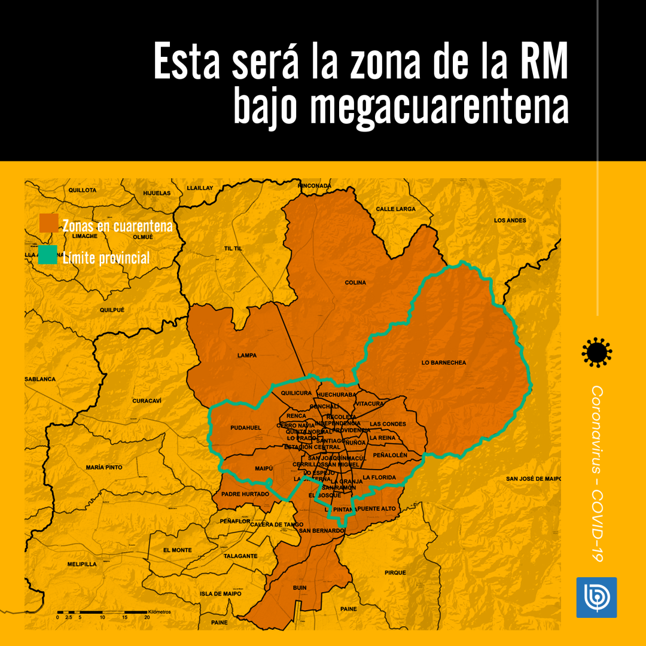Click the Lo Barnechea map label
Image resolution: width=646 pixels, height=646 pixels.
[x=443, y=362]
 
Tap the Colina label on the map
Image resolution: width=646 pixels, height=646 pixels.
[x=355, y=282]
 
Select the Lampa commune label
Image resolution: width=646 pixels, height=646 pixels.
[x=246, y=355]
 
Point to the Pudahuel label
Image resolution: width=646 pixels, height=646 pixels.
[x=246, y=428]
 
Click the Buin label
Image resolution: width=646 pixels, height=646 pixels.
[x=300, y=587]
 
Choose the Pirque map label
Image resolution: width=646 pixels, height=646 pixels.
[x=395, y=572]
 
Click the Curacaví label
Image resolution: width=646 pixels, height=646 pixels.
[x=147, y=400]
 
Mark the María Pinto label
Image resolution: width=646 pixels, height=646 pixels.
[x=104, y=467]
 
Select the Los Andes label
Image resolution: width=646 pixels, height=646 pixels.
[x=510, y=220]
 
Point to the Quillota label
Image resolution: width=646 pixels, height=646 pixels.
[x=83, y=190]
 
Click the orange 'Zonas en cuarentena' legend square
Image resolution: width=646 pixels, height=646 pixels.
[x=48, y=223]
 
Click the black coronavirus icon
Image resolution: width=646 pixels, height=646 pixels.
[x=596, y=352]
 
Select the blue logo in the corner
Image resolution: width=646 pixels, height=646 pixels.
[x=596, y=597]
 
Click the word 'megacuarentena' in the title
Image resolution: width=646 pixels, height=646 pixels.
[x=401, y=107]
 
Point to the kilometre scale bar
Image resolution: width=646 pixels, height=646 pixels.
[x=102, y=613]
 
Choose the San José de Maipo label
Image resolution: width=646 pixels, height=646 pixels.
[x=534, y=479]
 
